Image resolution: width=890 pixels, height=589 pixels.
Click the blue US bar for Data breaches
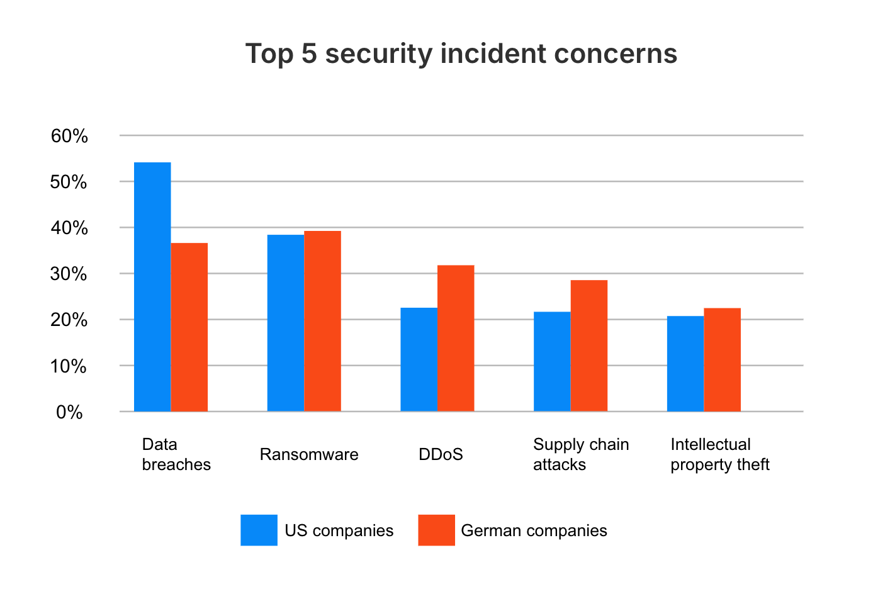pos(152,287)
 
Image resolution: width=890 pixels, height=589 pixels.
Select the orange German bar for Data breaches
pos(189,327)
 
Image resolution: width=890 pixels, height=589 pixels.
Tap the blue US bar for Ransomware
pos(286,323)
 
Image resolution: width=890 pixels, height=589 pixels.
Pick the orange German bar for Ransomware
pos(323,321)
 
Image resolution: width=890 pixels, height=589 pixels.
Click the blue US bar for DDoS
pos(419,359)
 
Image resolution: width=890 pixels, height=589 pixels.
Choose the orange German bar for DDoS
pos(456,339)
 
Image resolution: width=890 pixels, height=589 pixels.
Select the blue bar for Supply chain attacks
pos(552,362)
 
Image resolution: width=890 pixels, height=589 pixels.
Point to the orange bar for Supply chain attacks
pos(589,345)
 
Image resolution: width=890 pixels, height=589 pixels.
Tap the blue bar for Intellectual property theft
pos(685,364)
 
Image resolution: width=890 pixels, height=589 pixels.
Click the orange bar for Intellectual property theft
pos(723,360)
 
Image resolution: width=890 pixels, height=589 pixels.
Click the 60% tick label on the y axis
pos(69,136)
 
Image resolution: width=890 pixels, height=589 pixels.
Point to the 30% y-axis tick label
pos(69,274)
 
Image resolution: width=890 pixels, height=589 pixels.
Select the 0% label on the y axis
pos(69,413)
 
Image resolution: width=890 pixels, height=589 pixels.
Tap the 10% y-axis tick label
pos(69,366)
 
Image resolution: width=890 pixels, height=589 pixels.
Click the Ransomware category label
pos(309,454)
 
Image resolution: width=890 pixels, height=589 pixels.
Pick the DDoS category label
pos(441,454)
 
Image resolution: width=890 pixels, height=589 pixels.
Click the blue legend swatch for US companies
pos(259,530)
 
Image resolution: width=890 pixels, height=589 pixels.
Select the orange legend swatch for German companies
pos(436,530)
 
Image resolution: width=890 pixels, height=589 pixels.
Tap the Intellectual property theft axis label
pos(719,454)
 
